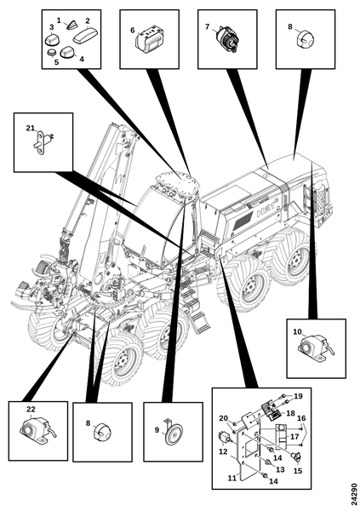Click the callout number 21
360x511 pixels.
(x=31, y=129)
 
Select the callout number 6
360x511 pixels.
(x=132, y=31)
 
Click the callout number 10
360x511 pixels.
(x=298, y=332)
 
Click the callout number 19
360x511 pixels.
(x=298, y=396)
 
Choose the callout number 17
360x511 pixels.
(x=294, y=436)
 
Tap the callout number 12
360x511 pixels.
(x=223, y=452)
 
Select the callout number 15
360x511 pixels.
(x=298, y=471)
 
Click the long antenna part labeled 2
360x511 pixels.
(x=84, y=36)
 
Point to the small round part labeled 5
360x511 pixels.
(x=51, y=53)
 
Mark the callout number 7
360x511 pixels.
(x=207, y=26)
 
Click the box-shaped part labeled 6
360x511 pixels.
(x=148, y=41)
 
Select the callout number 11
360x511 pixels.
(x=231, y=478)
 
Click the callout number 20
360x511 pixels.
(x=223, y=418)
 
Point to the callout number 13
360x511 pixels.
(x=280, y=469)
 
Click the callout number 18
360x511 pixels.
(x=290, y=413)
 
